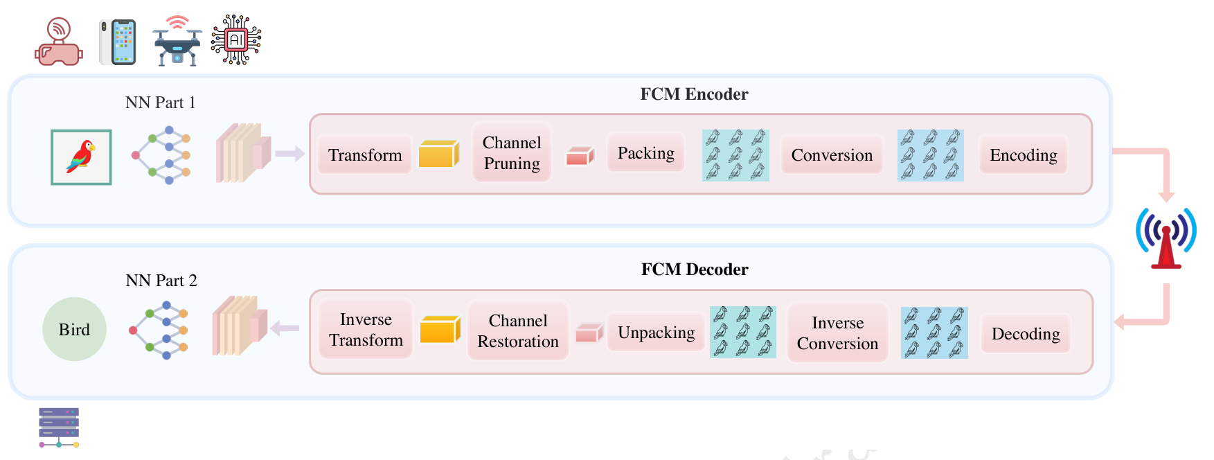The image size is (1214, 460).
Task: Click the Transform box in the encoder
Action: point(365,154)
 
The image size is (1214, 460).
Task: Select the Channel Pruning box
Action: point(512,152)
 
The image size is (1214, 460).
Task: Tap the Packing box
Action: point(645,153)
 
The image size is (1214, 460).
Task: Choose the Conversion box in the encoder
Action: point(832,155)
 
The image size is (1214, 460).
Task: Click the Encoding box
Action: point(1023,155)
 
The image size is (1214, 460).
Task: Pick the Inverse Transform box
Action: point(366,330)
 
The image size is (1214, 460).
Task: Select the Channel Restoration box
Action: point(518,331)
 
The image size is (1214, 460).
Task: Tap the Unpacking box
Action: point(656,333)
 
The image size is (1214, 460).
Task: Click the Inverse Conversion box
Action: point(837,333)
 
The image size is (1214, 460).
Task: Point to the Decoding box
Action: point(1026,334)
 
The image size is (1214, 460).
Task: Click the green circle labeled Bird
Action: point(74,329)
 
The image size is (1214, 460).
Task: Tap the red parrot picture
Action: point(81,157)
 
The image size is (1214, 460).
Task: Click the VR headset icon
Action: point(59,43)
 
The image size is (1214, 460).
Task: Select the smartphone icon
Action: point(118,42)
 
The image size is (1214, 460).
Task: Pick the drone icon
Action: point(177,43)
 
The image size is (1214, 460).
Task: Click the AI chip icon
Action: point(236,40)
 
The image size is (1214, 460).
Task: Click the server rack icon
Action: point(59,427)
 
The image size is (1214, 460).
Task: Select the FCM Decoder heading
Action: point(695,269)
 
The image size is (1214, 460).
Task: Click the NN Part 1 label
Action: point(161,103)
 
